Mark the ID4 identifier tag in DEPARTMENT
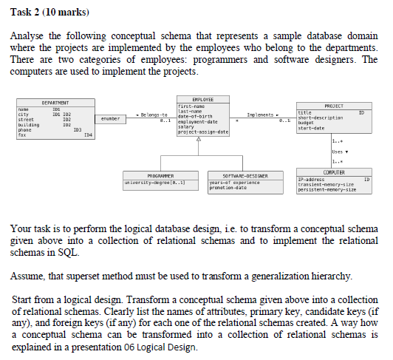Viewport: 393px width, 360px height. (x=87, y=135)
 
